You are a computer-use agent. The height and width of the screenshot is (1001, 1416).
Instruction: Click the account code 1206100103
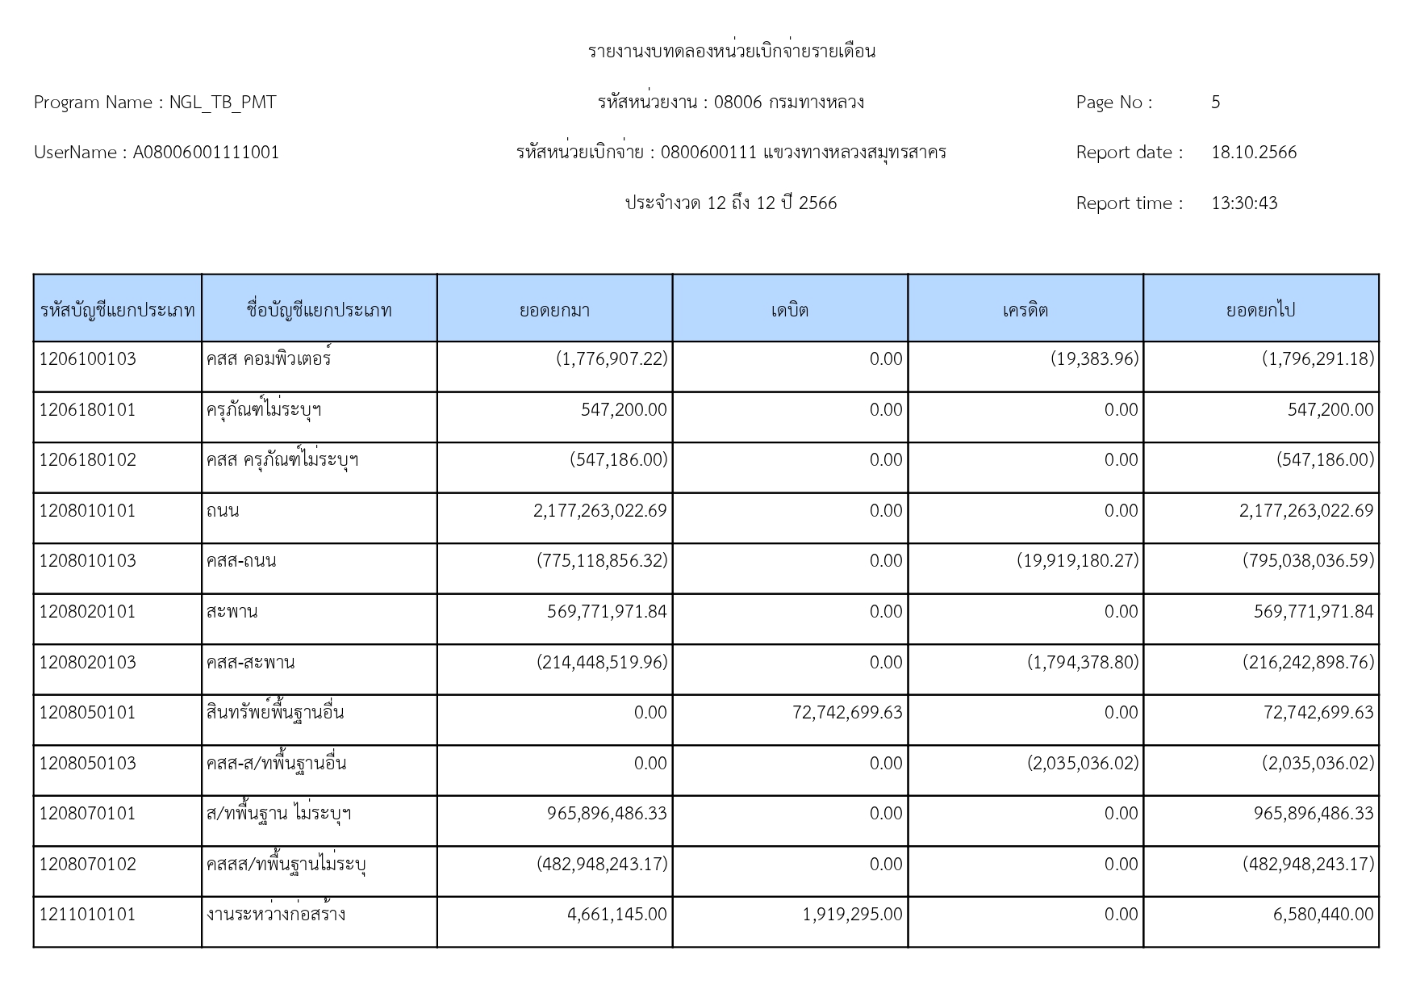(88, 359)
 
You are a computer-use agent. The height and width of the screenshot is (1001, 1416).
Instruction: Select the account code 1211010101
(88, 915)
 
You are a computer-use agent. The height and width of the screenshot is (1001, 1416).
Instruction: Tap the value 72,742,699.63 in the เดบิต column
(847, 713)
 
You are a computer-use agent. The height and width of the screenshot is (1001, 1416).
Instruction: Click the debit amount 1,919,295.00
(852, 915)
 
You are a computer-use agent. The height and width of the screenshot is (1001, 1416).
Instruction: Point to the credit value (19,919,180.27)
(1077, 561)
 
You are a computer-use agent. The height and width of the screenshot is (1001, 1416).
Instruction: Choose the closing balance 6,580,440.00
(1322, 915)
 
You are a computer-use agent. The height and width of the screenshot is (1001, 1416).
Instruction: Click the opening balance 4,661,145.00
(617, 915)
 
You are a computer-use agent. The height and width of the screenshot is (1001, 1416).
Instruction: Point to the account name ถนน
(223, 511)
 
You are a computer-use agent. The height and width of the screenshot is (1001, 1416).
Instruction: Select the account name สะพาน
(232, 612)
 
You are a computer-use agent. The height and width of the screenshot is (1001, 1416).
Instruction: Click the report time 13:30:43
(1244, 203)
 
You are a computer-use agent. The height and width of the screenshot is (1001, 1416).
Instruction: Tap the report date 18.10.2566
(1254, 153)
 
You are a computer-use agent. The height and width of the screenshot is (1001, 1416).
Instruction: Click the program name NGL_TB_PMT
(223, 103)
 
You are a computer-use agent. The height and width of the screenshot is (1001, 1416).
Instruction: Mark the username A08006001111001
(206, 153)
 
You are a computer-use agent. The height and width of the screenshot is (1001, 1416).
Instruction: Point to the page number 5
(1215, 103)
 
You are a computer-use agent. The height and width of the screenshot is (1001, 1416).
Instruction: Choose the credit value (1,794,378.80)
(1083, 663)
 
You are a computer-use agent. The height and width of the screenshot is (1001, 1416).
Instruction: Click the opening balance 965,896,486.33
(607, 814)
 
